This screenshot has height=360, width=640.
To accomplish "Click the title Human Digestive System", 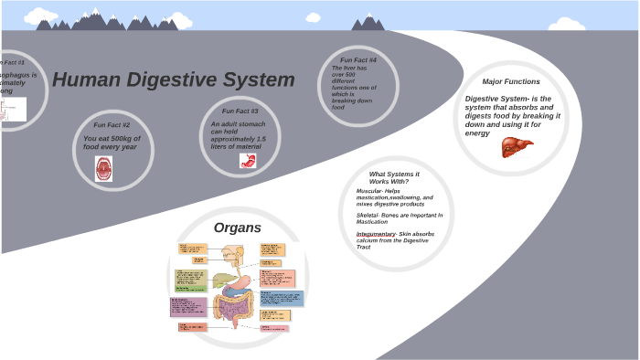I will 174,79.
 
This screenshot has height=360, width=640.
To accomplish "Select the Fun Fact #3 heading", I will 240,111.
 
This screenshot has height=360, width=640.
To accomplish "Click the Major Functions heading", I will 511,81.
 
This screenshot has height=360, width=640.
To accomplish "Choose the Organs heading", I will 238,228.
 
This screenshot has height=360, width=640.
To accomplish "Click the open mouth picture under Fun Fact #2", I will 103,168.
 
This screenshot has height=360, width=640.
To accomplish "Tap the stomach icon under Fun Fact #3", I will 246,160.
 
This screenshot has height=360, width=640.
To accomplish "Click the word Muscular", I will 370,191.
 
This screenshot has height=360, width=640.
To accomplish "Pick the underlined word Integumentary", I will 375,234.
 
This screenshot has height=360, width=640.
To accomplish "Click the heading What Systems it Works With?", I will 394,177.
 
